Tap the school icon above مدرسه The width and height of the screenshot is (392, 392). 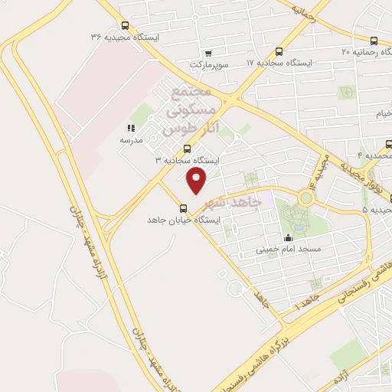131,129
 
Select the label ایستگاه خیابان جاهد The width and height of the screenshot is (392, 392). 184,220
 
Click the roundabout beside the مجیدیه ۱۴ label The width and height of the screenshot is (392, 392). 306,198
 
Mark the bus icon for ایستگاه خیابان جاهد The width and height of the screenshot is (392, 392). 182,207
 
